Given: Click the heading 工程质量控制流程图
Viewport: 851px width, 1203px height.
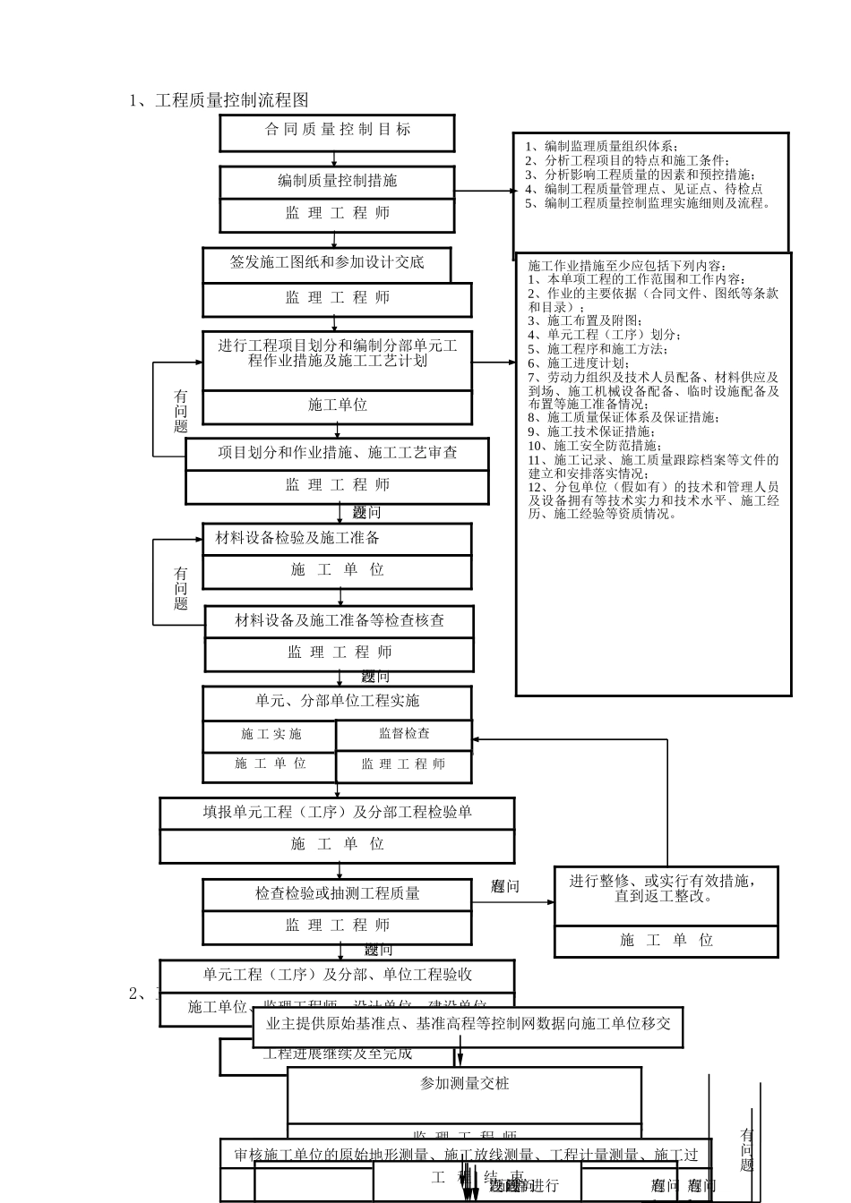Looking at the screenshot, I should (x=232, y=100).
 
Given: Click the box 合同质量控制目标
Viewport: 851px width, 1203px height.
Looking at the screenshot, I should (x=337, y=130).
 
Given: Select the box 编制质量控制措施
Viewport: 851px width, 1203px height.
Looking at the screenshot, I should (x=337, y=181).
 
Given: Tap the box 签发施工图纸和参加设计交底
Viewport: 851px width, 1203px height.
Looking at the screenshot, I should (x=327, y=262).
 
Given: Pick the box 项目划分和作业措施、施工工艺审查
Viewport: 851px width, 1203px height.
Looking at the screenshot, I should (x=337, y=453).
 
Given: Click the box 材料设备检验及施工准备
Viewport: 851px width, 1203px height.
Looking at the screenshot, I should (x=298, y=538).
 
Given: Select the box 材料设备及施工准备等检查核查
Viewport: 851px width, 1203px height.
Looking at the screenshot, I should (x=340, y=620).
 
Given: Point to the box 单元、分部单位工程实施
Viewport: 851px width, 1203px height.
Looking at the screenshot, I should (x=337, y=701).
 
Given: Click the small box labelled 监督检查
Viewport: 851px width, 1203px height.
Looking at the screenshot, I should (x=404, y=734).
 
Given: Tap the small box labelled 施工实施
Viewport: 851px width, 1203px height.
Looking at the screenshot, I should (x=271, y=735).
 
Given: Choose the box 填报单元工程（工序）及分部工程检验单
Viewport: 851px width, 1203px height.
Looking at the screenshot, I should (x=337, y=813).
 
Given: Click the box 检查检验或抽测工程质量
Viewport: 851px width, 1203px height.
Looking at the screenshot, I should (x=337, y=893).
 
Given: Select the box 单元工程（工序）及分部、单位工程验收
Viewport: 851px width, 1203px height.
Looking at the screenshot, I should (x=337, y=975).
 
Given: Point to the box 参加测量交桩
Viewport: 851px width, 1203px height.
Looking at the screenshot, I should (x=464, y=1084).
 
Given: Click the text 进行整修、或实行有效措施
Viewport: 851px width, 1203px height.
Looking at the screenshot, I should (x=666, y=882).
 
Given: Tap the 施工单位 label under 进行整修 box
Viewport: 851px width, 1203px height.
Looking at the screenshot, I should (x=666, y=940).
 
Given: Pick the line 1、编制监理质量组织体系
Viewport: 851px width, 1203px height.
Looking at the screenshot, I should (x=601, y=147).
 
